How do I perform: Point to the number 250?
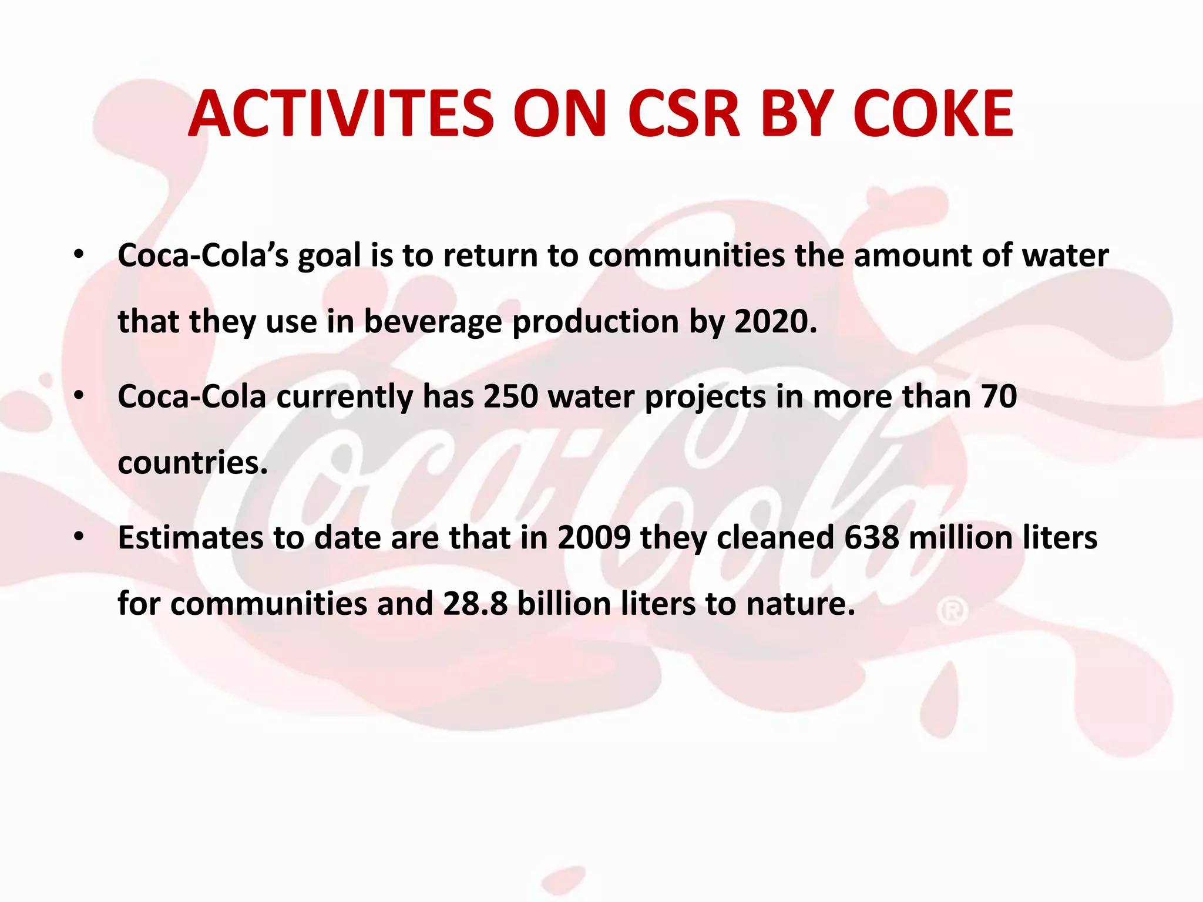510,396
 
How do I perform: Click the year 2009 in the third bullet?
594,537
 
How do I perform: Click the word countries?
193,463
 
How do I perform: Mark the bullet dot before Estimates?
79,537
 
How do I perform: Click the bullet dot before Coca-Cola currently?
79,396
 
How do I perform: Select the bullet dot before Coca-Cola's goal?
79,255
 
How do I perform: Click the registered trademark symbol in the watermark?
952,611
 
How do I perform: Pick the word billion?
564,604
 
